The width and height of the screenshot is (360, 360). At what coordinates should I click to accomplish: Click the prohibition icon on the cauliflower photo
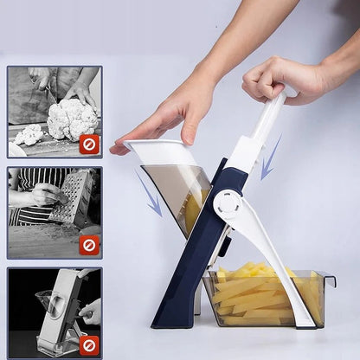coord(88,144)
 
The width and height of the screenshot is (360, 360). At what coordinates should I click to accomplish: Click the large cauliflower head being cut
coord(71,119)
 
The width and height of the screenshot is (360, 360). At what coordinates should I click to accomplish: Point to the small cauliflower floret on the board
coord(29,134)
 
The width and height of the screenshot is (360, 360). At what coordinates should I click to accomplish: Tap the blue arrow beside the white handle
coord(270,157)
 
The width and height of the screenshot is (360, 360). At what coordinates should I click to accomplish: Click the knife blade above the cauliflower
coord(52,92)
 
